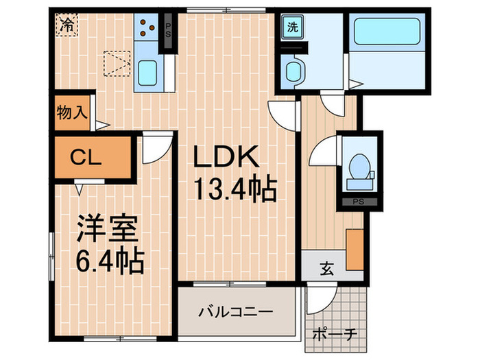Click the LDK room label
pyautogui.click(x=226, y=158)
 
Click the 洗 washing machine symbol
pyautogui.click(x=293, y=29)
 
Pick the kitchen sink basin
pyautogui.click(x=147, y=73)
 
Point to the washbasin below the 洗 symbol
pyautogui.click(x=293, y=71)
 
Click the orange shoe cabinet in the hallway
pyautogui.click(x=354, y=250)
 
